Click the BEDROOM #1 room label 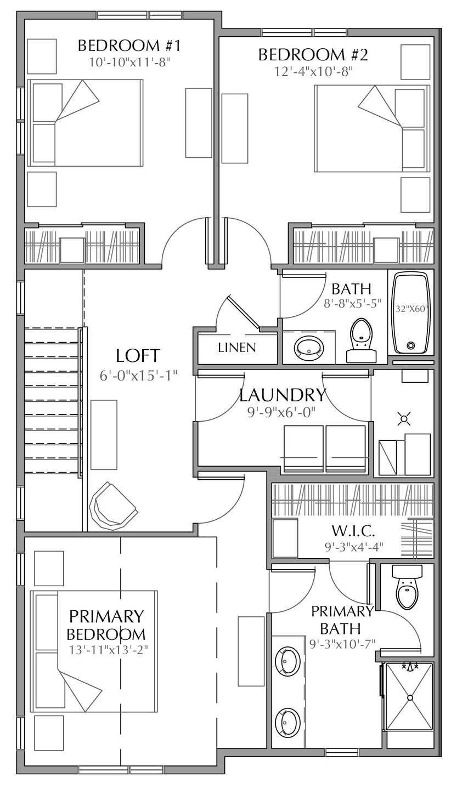point(129,45)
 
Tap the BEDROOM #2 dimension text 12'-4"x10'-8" point(313,71)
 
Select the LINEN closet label point(236,347)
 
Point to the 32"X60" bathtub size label point(411,309)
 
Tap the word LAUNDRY point(283,395)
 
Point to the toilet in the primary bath point(407,589)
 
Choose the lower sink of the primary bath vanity point(287,722)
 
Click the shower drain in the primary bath point(410,697)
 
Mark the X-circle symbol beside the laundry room point(404,419)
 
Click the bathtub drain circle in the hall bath point(411,346)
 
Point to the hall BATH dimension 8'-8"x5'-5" point(352,302)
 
